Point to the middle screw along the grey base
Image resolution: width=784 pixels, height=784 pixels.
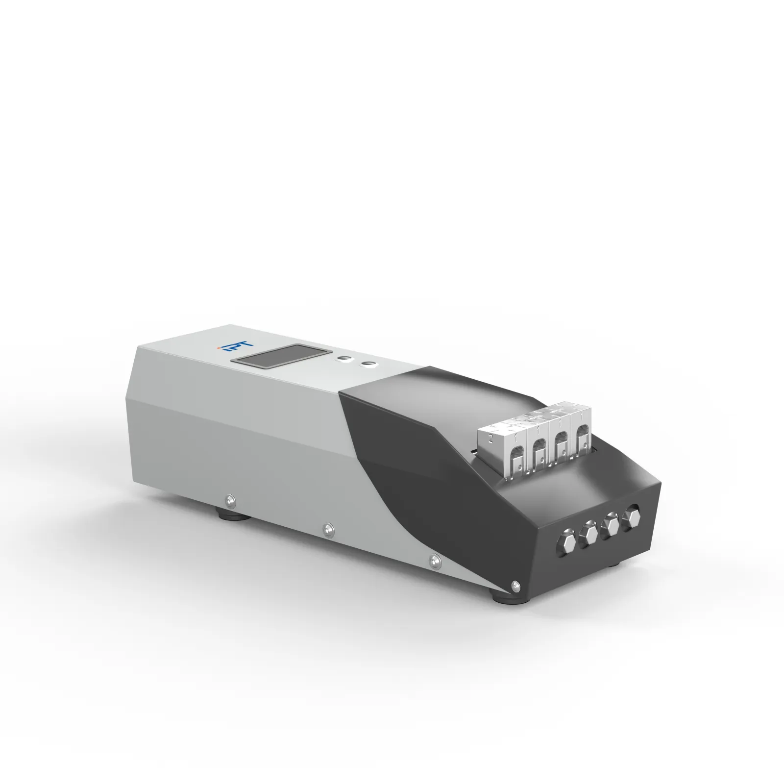328,528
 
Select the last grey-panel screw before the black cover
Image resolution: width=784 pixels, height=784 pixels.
434,559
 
